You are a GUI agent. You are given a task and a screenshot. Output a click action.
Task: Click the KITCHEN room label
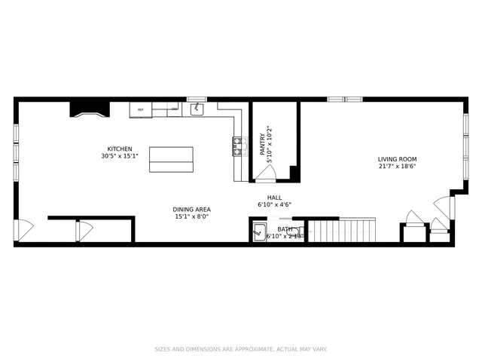coord(119,149)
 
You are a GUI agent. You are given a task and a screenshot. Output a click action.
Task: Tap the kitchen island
coord(171,159)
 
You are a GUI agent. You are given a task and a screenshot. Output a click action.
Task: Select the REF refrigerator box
coord(140,110)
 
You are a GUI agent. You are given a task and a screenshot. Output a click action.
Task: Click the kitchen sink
coord(197,110)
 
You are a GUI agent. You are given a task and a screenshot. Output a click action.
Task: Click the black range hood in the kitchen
coord(90,110)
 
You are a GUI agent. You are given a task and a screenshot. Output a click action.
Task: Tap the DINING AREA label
coord(192,209)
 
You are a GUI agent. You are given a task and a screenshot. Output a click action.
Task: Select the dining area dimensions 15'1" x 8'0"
coord(192,217)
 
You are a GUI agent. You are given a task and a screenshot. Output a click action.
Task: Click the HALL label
coord(264,196)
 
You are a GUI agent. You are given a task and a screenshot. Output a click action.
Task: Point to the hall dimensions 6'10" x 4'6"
coord(274,204)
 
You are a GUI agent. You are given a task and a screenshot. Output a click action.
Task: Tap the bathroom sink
coord(260,232)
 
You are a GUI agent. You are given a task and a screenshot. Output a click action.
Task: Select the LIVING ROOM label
coord(397,159)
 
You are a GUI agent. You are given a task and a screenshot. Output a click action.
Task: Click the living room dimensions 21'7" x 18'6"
coord(397,167)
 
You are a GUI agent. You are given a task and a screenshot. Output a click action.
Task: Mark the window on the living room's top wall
coord(344,99)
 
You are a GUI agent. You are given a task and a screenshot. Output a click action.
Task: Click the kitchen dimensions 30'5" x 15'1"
coord(119,156)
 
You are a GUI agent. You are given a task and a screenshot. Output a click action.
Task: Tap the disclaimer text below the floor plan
coord(240,349)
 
